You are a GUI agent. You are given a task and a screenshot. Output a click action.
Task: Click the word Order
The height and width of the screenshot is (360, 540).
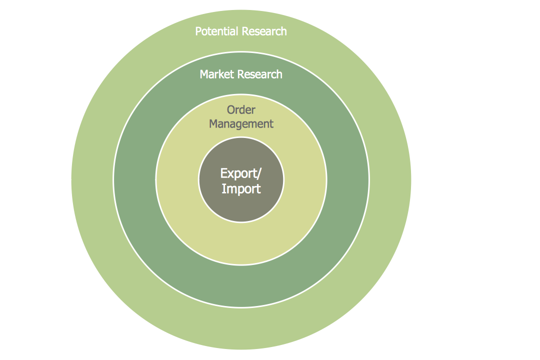tap(241, 110)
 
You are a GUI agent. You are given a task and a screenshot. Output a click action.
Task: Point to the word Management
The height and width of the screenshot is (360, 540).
tap(241, 124)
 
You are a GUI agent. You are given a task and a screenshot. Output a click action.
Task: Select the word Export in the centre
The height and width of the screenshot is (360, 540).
tap(238, 173)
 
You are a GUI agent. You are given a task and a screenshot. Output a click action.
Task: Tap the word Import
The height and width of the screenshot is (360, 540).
tap(241, 189)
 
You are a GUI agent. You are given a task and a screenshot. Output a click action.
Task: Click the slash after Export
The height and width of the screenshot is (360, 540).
tap(258, 173)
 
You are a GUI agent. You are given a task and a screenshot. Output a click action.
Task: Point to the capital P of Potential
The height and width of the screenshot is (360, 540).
tap(198, 31)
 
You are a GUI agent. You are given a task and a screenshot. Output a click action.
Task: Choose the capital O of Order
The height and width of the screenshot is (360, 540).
tap(231, 110)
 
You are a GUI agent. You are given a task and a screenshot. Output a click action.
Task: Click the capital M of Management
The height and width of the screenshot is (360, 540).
tap(213, 124)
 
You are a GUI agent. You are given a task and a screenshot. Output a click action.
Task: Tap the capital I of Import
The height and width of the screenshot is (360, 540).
tap(223, 189)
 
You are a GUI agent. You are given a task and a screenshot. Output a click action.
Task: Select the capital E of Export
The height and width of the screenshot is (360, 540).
tap(223, 173)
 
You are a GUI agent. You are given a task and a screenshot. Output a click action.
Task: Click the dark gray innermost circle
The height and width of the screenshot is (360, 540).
tap(241, 207)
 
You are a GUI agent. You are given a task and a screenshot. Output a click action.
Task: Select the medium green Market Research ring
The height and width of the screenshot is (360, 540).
tap(135, 180)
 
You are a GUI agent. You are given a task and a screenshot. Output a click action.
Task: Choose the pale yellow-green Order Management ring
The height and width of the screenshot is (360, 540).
tap(177, 180)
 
